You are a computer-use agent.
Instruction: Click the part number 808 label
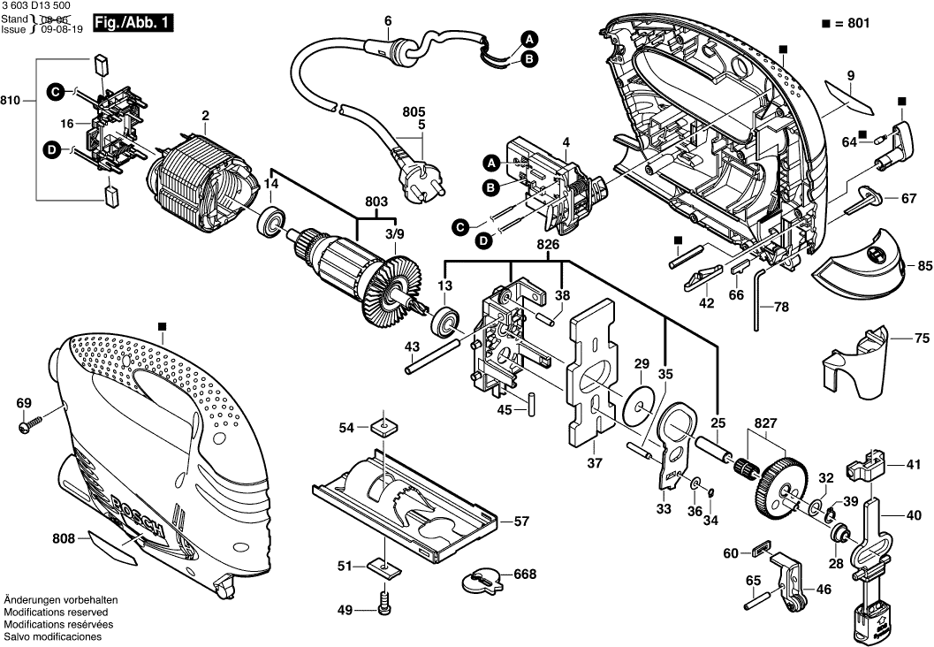pyautogui.click(x=63, y=537)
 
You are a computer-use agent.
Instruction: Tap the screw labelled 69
pyautogui.click(x=27, y=428)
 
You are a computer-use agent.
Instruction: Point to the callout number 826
pyautogui.click(x=549, y=242)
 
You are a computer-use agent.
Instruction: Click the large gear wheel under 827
pyautogui.click(x=780, y=488)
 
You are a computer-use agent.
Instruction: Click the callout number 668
pyautogui.click(x=525, y=575)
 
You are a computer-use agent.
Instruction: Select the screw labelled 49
pyautogui.click(x=384, y=607)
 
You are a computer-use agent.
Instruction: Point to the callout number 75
pyautogui.click(x=921, y=338)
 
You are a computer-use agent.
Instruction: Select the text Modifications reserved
pyautogui.click(x=56, y=612)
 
